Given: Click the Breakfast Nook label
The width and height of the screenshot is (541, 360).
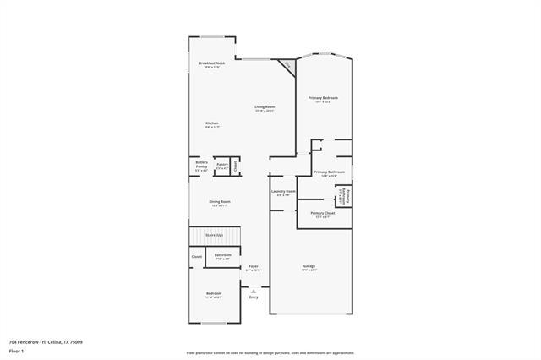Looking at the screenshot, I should (x=211, y=65).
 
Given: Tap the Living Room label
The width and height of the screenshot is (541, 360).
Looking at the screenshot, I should (x=265, y=108).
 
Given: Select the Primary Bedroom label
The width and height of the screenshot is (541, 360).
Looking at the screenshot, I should (x=323, y=100).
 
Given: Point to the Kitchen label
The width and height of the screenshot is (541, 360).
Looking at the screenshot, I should (x=211, y=125).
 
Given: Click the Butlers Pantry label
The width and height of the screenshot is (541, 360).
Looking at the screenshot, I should (x=201, y=166).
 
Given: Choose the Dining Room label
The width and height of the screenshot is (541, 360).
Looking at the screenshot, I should (x=220, y=203).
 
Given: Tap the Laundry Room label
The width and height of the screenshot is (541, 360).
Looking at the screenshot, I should (x=283, y=193).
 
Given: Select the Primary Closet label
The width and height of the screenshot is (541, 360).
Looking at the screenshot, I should (x=323, y=215).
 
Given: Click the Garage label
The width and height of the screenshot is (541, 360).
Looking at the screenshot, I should (x=309, y=268).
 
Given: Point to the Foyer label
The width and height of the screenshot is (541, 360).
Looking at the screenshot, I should (x=254, y=268).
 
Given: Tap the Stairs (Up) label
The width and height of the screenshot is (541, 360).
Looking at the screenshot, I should (x=214, y=235).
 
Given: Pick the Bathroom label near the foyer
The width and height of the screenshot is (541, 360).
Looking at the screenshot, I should (x=222, y=256).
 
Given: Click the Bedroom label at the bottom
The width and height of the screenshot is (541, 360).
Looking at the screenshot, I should (x=214, y=295).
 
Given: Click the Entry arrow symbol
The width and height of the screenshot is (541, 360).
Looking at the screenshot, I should (x=254, y=290).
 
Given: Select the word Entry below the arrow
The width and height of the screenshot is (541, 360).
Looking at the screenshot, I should (x=254, y=297).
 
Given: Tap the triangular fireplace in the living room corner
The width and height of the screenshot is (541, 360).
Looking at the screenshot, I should (x=289, y=65).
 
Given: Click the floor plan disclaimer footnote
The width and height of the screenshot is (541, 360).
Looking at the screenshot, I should (x=270, y=352).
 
